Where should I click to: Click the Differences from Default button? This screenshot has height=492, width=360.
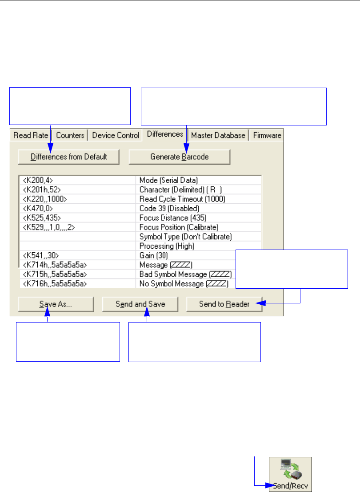coord(69,157)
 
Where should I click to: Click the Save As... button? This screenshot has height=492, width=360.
coord(56,304)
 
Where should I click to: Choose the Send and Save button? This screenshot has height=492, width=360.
coord(140,304)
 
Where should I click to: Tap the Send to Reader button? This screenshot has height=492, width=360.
coord(224,304)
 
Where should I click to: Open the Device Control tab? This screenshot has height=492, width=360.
coord(116,135)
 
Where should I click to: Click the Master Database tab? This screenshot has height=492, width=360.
coord(218,135)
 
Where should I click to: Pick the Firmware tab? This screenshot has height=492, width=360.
coord(267,135)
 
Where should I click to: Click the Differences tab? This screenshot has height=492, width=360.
coord(165,134)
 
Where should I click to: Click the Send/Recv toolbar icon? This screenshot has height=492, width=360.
coord(290,474)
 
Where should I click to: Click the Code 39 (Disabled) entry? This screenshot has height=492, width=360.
coord(169,208)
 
